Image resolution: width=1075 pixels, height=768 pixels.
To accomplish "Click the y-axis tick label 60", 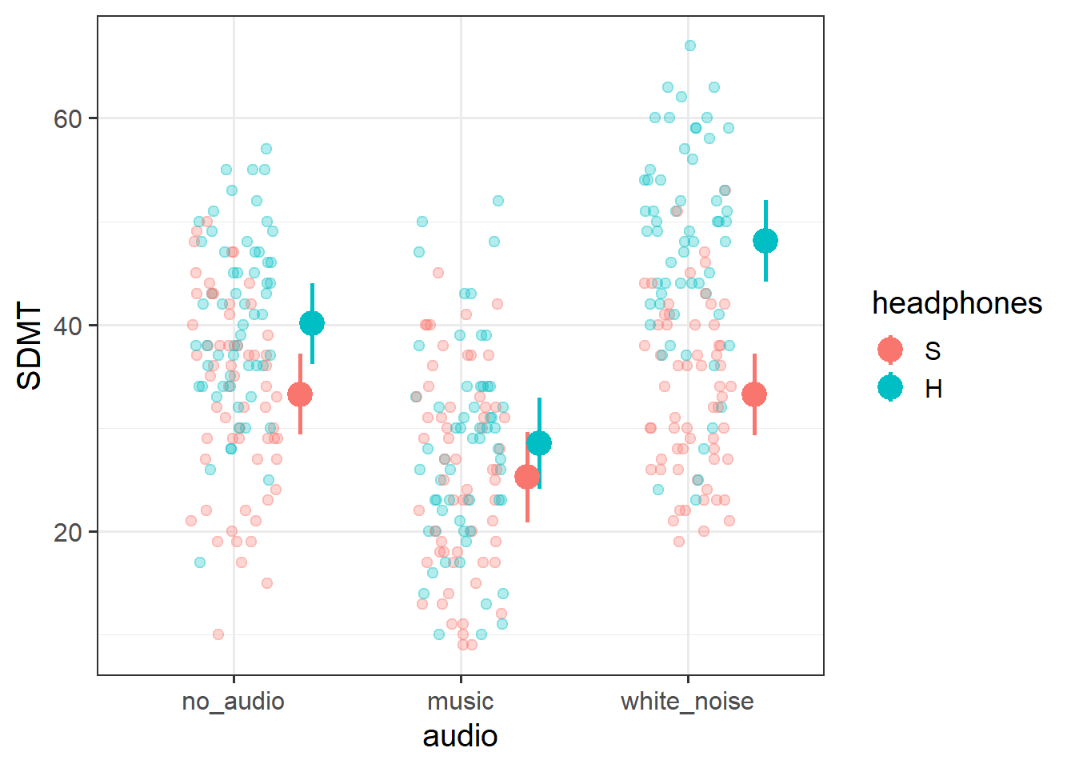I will [68, 118].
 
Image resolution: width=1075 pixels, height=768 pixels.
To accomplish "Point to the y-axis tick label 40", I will [68, 326].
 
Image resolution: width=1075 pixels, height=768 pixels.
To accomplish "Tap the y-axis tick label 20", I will [68, 532].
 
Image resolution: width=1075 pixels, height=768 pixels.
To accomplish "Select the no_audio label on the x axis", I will [233, 702].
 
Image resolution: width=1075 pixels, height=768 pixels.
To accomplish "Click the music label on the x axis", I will [460, 702].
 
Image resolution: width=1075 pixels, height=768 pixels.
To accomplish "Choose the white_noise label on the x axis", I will [687, 702].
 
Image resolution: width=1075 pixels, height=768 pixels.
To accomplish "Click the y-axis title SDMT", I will [30, 346].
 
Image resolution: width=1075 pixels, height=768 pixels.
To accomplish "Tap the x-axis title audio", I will [460, 736].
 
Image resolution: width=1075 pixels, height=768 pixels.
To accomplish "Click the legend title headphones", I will [957, 303].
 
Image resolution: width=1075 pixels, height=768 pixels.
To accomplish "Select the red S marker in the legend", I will [890, 350].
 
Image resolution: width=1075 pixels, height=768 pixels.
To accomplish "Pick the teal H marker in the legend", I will [890, 388].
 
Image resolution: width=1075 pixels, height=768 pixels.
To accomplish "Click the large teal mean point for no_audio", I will [312, 323].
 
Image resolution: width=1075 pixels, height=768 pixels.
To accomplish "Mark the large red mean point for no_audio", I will [300, 394].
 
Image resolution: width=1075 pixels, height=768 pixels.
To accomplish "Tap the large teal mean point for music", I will [539, 443].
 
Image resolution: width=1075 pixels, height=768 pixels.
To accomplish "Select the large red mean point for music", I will [527, 477].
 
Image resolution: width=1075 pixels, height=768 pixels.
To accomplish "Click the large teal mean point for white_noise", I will [765, 241].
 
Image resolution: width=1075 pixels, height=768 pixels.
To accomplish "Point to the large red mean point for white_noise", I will [754, 394].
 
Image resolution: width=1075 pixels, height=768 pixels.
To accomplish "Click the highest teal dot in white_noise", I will [690, 46].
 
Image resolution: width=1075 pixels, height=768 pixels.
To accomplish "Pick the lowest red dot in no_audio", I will [218, 634].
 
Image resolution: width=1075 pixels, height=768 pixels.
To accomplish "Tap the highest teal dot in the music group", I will [498, 201].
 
